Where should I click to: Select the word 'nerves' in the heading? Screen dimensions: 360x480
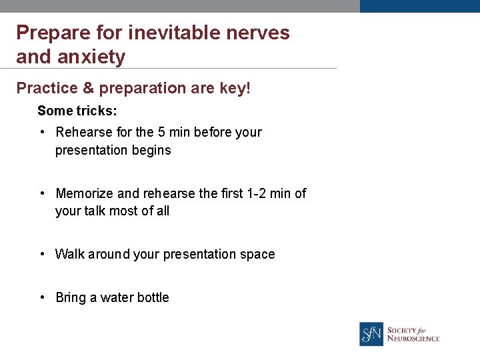click(257, 33)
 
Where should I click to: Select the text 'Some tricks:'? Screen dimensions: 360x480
click(77, 111)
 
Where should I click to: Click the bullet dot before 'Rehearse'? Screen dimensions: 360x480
click(42, 132)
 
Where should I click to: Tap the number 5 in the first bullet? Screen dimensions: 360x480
click(162, 132)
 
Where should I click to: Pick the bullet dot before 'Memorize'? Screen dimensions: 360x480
click(42, 193)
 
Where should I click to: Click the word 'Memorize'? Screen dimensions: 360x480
click(85, 193)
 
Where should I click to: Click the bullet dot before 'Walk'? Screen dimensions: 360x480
click(42, 254)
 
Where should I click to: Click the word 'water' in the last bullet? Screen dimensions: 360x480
click(117, 297)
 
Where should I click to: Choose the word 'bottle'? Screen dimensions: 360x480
click(153, 297)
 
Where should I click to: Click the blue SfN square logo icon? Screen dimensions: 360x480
click(371, 334)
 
